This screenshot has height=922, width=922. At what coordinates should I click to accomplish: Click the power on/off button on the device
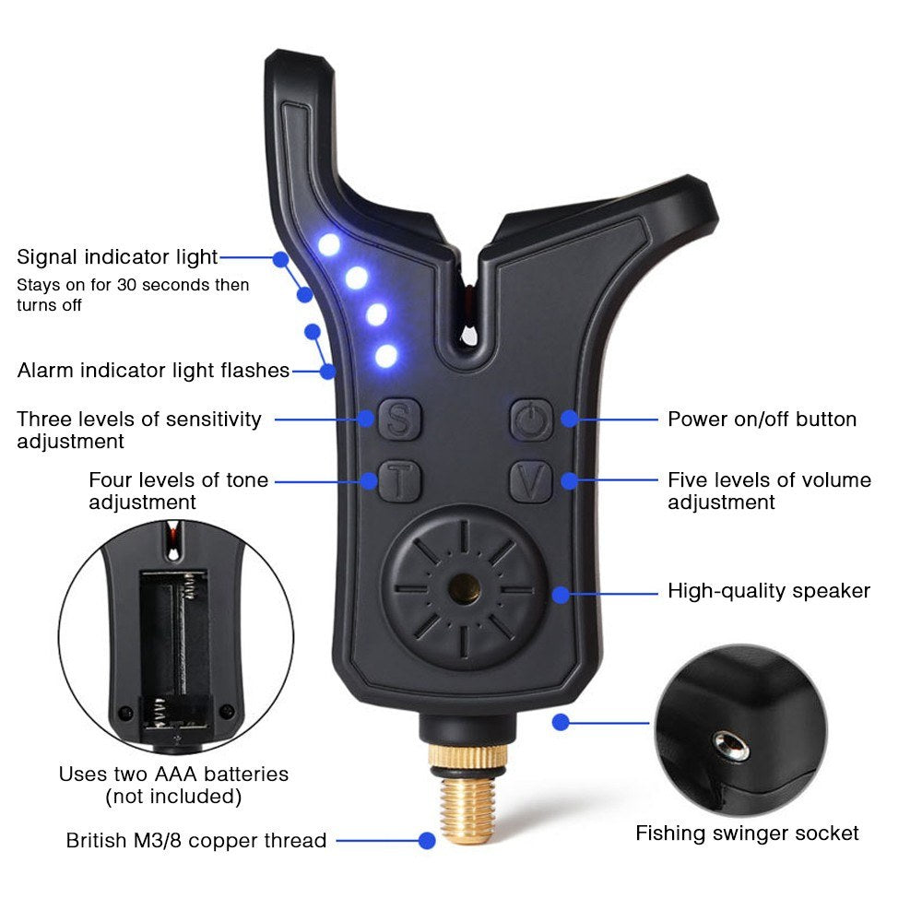[531, 420]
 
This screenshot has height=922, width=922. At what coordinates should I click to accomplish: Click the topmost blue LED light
[329, 244]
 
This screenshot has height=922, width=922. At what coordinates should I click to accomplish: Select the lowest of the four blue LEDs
[386, 355]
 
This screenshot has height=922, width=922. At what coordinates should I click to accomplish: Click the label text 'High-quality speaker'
[768, 590]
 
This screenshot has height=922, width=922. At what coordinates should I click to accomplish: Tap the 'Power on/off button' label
[762, 419]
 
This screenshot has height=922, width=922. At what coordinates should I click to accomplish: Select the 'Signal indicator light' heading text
[117, 256]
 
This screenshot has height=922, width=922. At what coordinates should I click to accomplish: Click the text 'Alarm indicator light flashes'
[153, 371]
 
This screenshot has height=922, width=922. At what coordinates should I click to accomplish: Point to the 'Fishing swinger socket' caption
[747, 833]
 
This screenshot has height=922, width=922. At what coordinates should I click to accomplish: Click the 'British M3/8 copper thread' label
[196, 840]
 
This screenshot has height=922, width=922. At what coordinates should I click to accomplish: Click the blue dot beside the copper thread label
[426, 840]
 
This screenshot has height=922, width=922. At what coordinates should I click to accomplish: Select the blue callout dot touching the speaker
[561, 595]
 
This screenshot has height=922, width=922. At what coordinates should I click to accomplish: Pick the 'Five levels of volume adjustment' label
[768, 491]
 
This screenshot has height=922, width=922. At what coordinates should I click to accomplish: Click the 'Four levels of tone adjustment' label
[178, 491]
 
